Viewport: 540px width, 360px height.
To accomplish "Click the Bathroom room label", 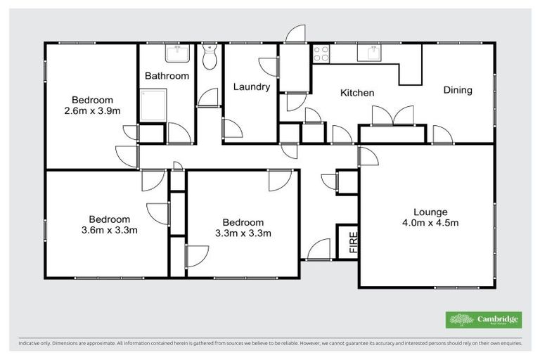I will click(x=167, y=76).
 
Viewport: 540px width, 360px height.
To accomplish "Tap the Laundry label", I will click(x=252, y=87).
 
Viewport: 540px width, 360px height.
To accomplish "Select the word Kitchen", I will click(x=357, y=93).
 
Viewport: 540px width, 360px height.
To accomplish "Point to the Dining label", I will click(x=457, y=90).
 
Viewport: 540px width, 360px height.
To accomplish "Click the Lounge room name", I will click(x=430, y=212).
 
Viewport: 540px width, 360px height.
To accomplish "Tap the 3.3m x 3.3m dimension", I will click(x=243, y=233).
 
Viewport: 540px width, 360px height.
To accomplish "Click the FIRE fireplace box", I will click(x=349, y=242).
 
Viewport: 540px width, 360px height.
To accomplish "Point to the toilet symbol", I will click(x=209, y=58).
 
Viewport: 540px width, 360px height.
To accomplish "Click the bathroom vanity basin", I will click(x=174, y=53).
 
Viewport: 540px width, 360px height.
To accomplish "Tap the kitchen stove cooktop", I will click(x=321, y=53).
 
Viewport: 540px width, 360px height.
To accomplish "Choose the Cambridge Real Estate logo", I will click(x=484, y=320).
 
